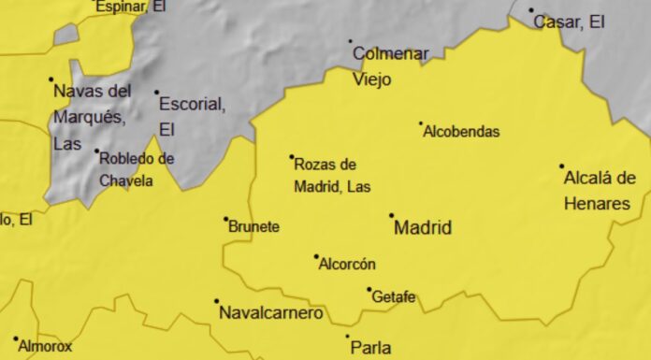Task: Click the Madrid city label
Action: click(423, 227)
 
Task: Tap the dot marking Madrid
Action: click(392, 215)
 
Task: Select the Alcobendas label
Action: click(461, 133)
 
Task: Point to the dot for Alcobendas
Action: click(421, 123)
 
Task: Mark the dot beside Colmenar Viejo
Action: click(351, 41)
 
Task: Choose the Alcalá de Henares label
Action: click(599, 191)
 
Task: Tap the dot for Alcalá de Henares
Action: click(562, 166)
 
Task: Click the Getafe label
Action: click(394, 298)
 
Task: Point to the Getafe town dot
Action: click(369, 290)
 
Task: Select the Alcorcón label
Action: click(347, 265)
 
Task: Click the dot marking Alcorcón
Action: click(316, 256)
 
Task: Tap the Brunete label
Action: click(254, 227)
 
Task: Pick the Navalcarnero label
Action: click(270, 313)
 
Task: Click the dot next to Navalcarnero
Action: click(217, 301)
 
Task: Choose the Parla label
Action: click(370, 348)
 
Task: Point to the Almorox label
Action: click(45, 346)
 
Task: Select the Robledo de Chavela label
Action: click(137, 169)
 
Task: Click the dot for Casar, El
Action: click(531, 10)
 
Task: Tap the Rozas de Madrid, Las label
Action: click(332, 175)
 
